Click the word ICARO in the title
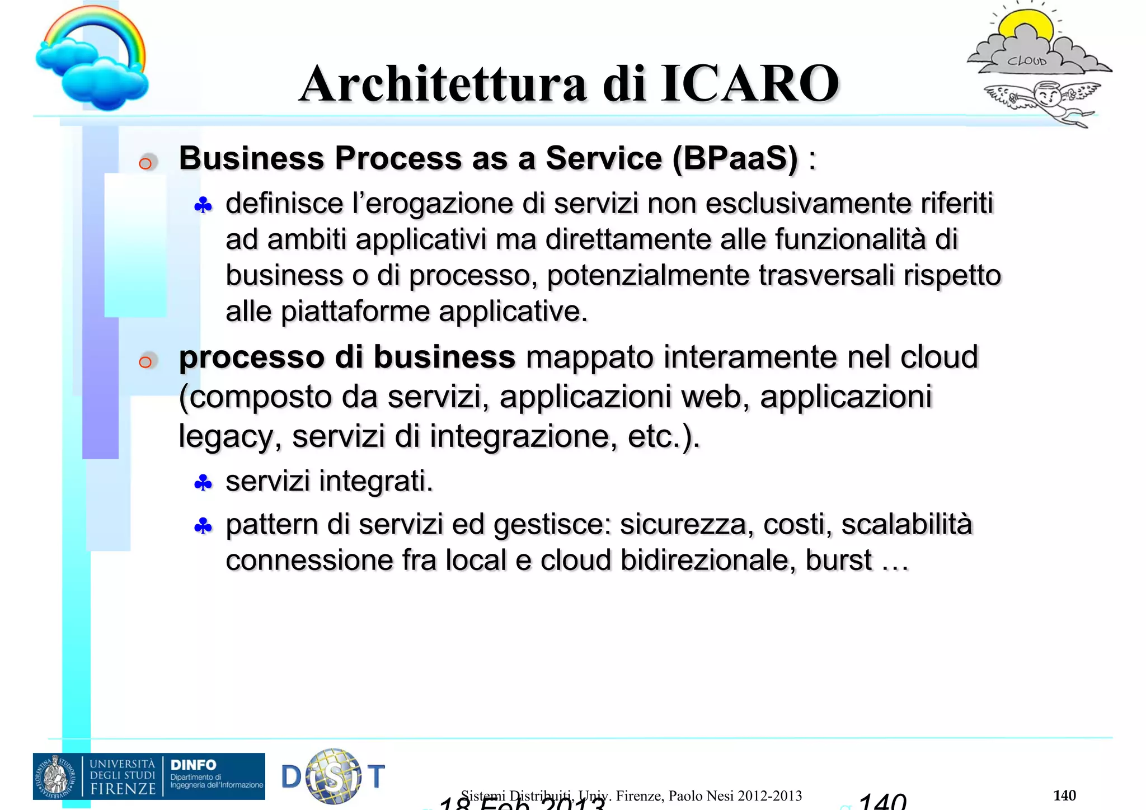[750, 84]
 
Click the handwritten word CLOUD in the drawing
[1027, 60]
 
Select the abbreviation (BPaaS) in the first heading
[735, 158]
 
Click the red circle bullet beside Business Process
[145, 163]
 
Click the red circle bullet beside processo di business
[145, 361]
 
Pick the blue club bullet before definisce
[203, 206]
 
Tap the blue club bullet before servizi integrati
[203, 483]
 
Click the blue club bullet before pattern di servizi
[203, 526]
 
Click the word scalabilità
[907, 525]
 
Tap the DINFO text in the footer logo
[193, 765]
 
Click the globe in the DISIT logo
[334, 776]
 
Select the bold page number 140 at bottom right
[1064, 795]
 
